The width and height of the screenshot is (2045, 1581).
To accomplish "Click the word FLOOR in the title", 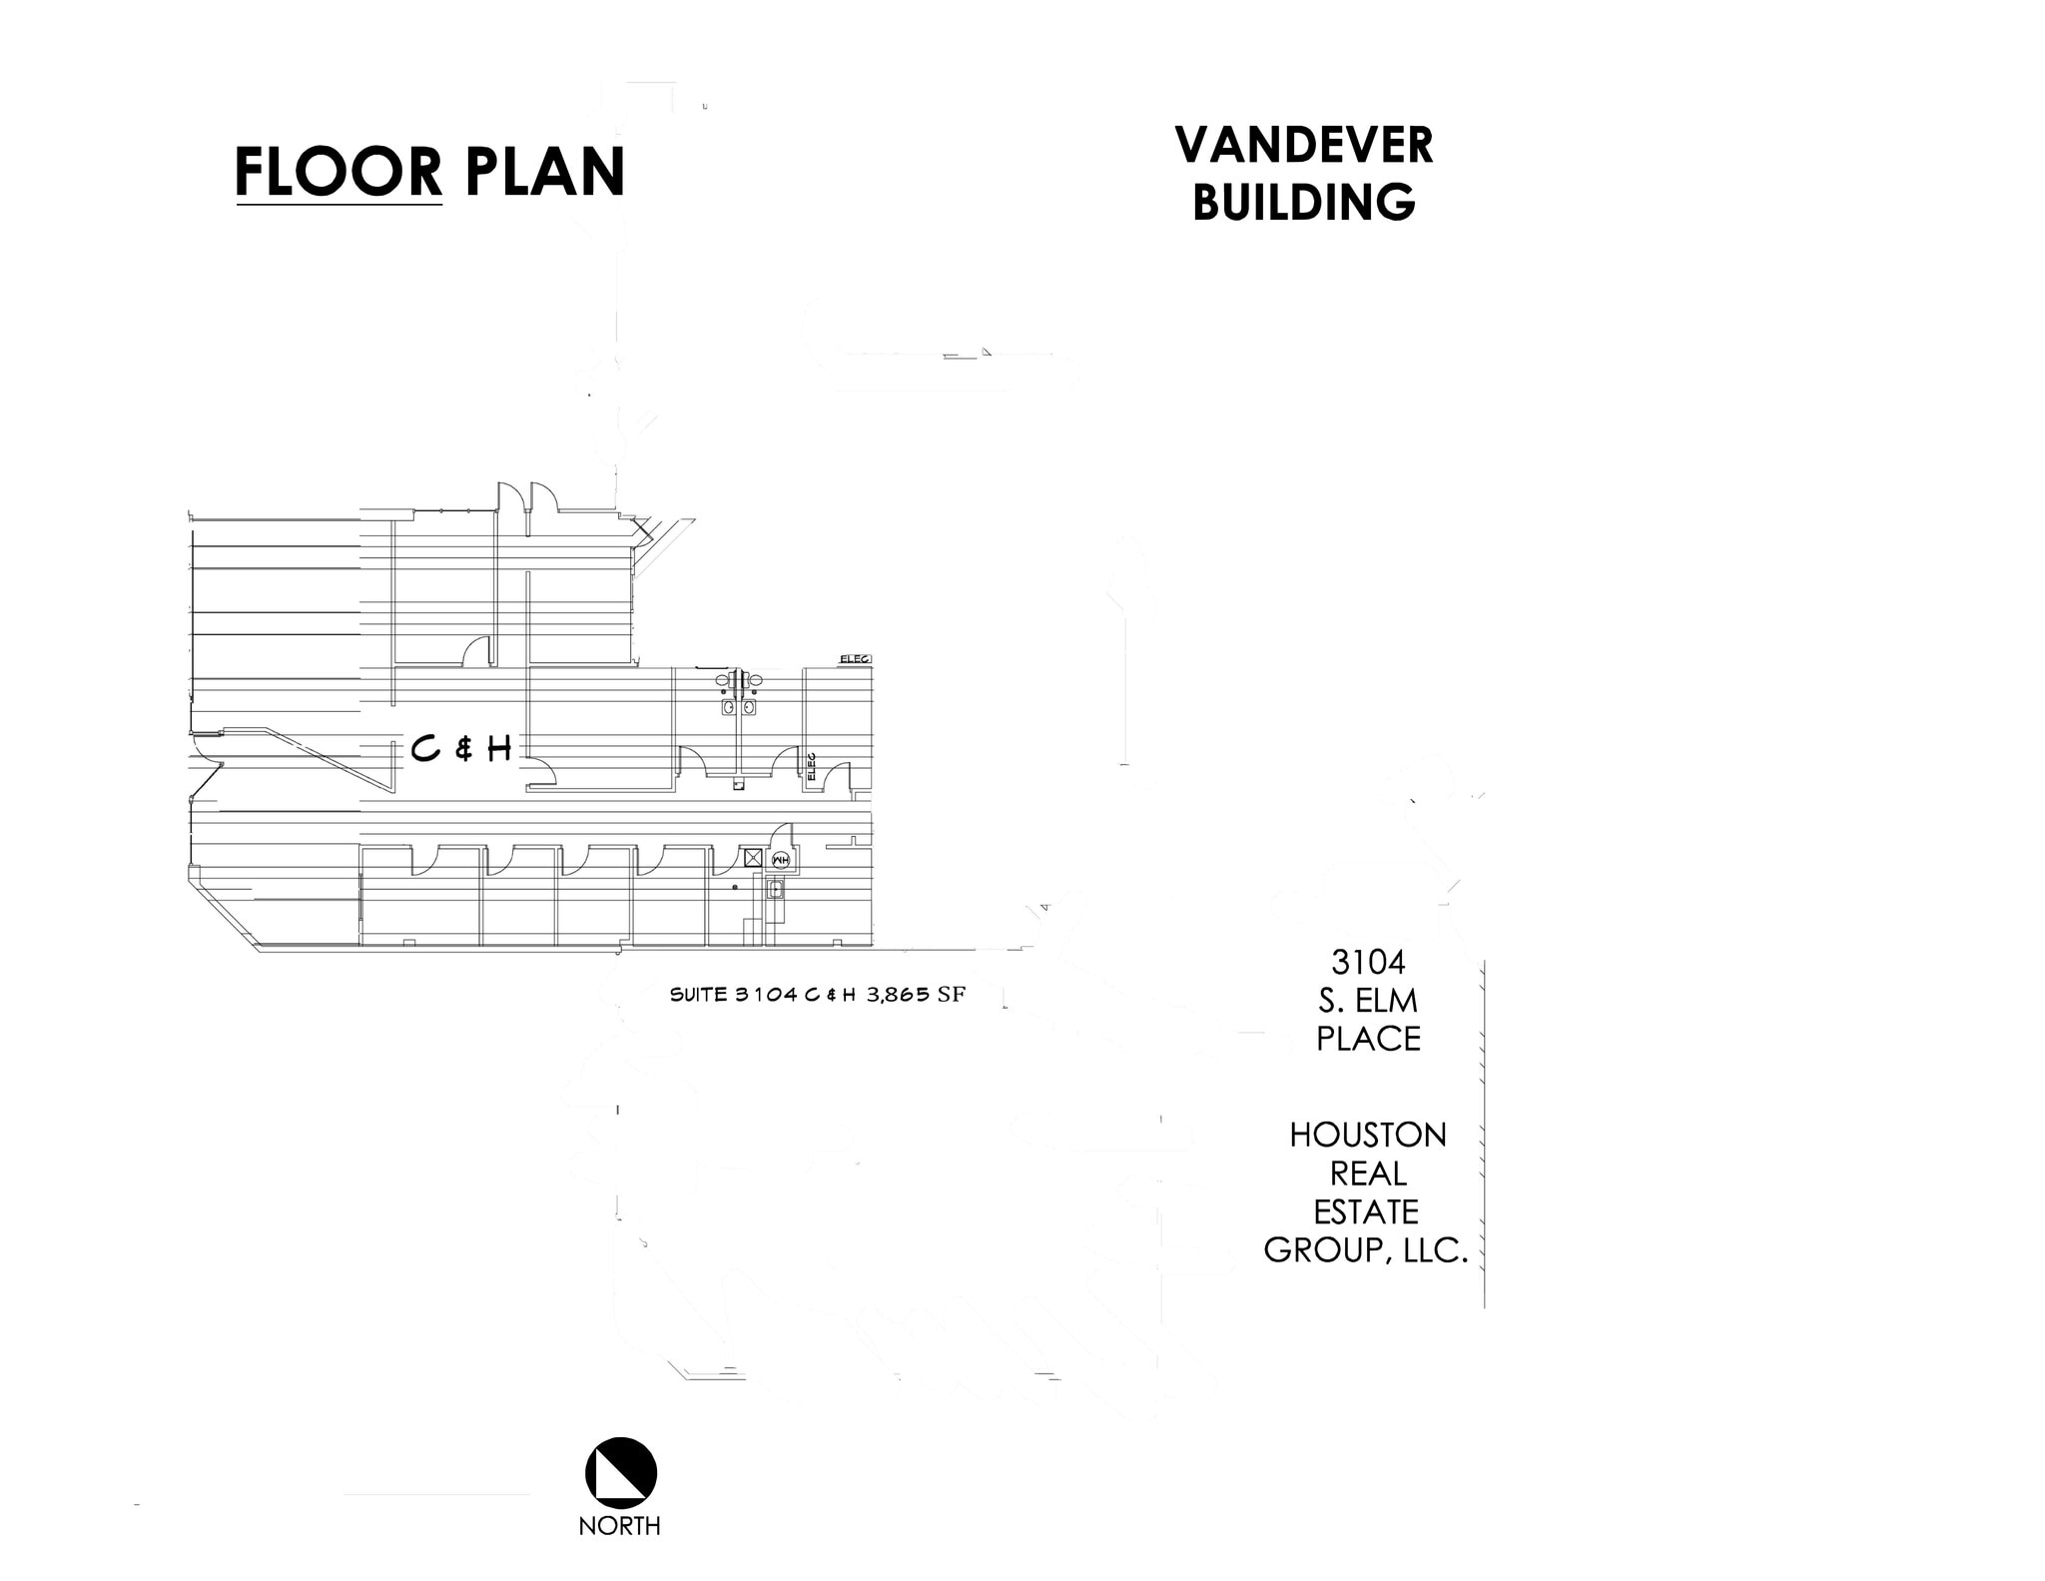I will tap(339, 172).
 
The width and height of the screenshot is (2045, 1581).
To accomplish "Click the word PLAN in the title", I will tap(544, 172).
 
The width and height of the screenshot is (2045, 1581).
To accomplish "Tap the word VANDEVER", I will tap(1304, 146).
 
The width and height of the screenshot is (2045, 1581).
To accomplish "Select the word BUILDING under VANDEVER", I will tap(1304, 203).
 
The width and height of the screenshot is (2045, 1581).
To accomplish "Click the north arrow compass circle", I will tap(620, 1473).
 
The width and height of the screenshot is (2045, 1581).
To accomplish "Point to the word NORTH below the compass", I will tap(619, 1526).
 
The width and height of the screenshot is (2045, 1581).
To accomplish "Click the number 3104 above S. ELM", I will tap(1367, 962).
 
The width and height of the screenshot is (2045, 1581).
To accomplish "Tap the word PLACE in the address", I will tap(1367, 1039).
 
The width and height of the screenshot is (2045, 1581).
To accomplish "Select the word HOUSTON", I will tap(1367, 1136).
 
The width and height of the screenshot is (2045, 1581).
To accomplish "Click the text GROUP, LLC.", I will tap(1365, 1250).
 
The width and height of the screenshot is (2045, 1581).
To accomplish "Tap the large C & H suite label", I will tap(461, 748).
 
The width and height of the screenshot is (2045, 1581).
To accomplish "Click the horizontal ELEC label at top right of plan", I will tap(855, 659).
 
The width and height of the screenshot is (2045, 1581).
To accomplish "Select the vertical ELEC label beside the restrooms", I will tap(812, 766).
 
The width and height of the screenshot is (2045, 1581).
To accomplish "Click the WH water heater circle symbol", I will tap(781, 859).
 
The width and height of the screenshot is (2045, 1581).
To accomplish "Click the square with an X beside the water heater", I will tap(753, 858).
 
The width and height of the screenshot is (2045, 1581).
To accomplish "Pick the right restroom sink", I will tap(748, 707).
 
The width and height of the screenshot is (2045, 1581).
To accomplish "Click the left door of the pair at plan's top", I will tap(509, 495).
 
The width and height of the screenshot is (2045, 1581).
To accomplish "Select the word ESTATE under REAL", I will tap(1365, 1212).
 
